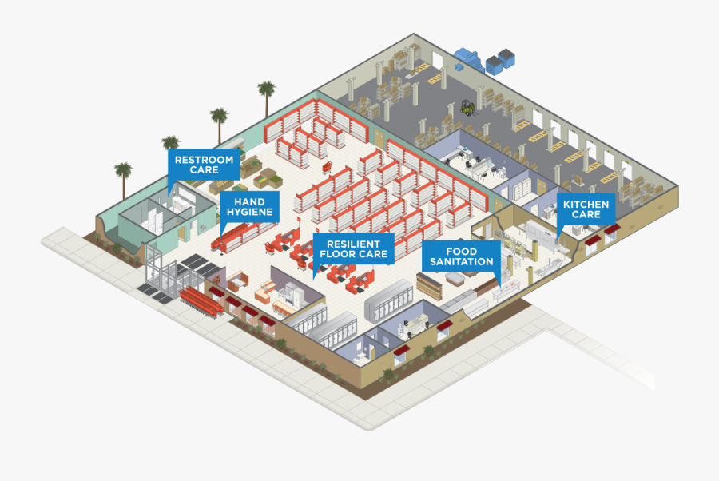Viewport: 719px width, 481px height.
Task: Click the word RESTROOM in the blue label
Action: pos(205,159)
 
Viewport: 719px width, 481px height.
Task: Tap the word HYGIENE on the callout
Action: pos(250,213)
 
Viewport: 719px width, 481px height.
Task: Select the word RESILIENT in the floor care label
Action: pos(353,244)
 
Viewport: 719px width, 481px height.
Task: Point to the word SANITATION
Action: pos(461,262)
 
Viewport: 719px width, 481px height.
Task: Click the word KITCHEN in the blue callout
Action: pos(586,205)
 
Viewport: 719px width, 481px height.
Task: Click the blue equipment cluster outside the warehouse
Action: pos(486,60)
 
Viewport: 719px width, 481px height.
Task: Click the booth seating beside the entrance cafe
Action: pos(238,282)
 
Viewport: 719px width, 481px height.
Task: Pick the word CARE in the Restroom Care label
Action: pos(205,170)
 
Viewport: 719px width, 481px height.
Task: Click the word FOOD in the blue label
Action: pos(461,251)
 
